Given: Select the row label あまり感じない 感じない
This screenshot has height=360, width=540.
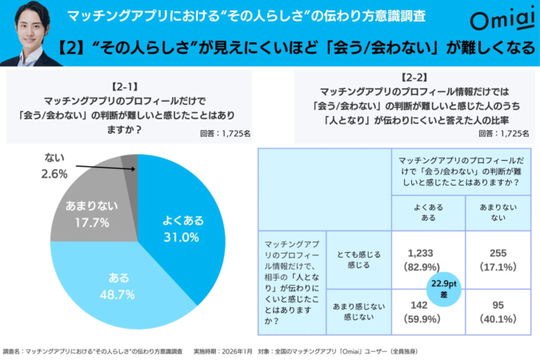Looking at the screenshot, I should coord(358,310).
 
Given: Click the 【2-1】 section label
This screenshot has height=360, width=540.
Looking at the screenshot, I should coord(129,82).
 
